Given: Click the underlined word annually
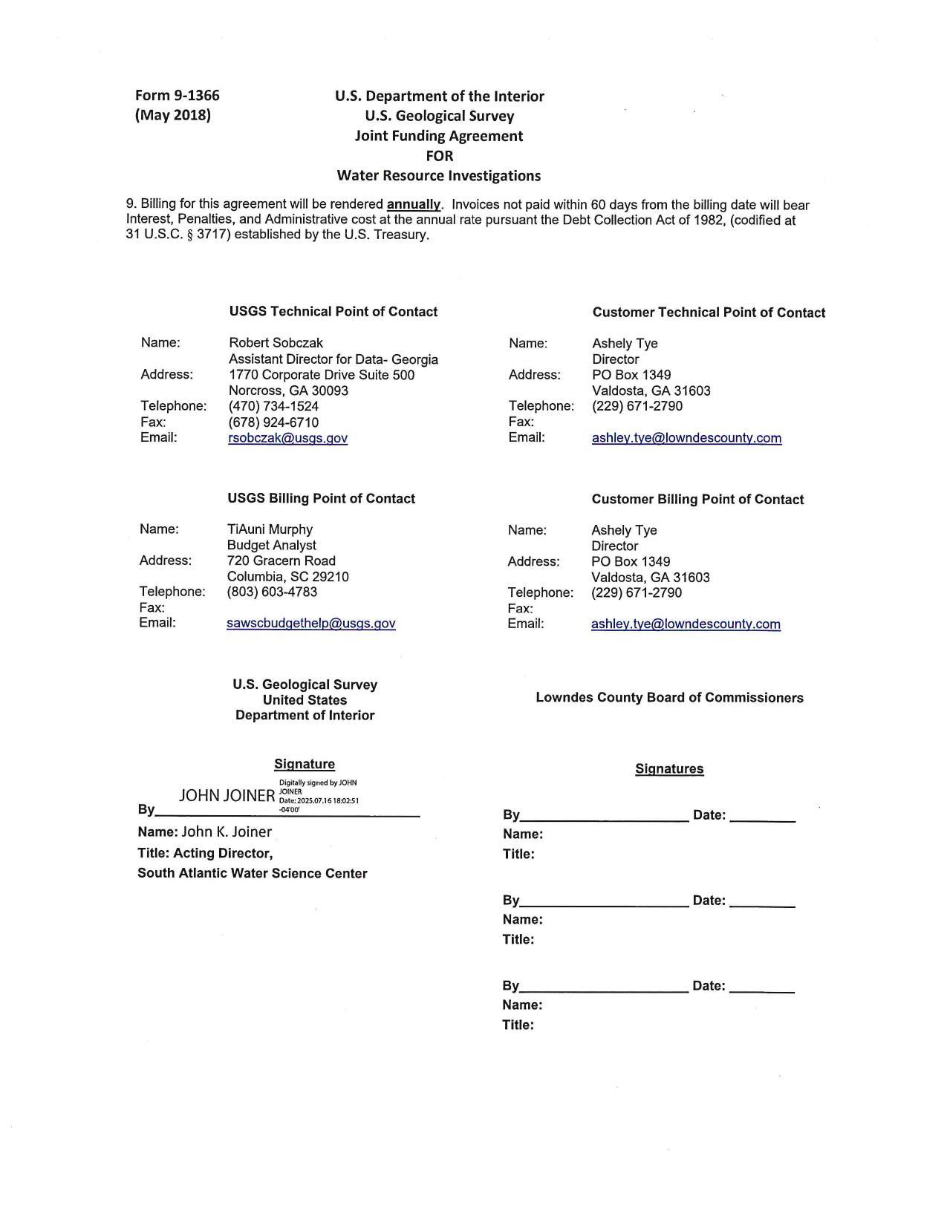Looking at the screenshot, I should pyautogui.click(x=414, y=205).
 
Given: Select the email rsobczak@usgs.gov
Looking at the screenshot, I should pyautogui.click(x=287, y=438).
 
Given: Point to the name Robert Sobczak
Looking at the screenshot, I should pyautogui.click(x=276, y=343).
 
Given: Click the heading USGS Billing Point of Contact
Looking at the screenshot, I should pyautogui.click(x=321, y=499).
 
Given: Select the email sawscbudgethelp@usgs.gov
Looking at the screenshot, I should pyautogui.click(x=310, y=624).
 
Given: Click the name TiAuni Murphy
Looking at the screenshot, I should pyautogui.click(x=270, y=529).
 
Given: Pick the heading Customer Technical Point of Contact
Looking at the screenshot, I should pyautogui.click(x=709, y=313).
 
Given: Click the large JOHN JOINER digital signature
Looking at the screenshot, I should pyautogui.click(x=227, y=796).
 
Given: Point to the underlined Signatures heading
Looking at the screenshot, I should pyautogui.click(x=669, y=769).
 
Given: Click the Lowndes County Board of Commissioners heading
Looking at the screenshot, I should pyautogui.click(x=669, y=698).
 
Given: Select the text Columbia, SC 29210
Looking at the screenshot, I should pyautogui.click(x=287, y=577).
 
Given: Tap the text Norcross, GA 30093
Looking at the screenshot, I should pyautogui.click(x=288, y=391).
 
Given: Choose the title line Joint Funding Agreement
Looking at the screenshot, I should pyautogui.click(x=438, y=136).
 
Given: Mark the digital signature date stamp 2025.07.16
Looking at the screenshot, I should pyautogui.click(x=319, y=801).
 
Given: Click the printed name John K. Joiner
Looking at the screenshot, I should pyautogui.click(x=227, y=832).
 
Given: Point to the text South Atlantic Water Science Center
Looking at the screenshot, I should pyautogui.click(x=252, y=874).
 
